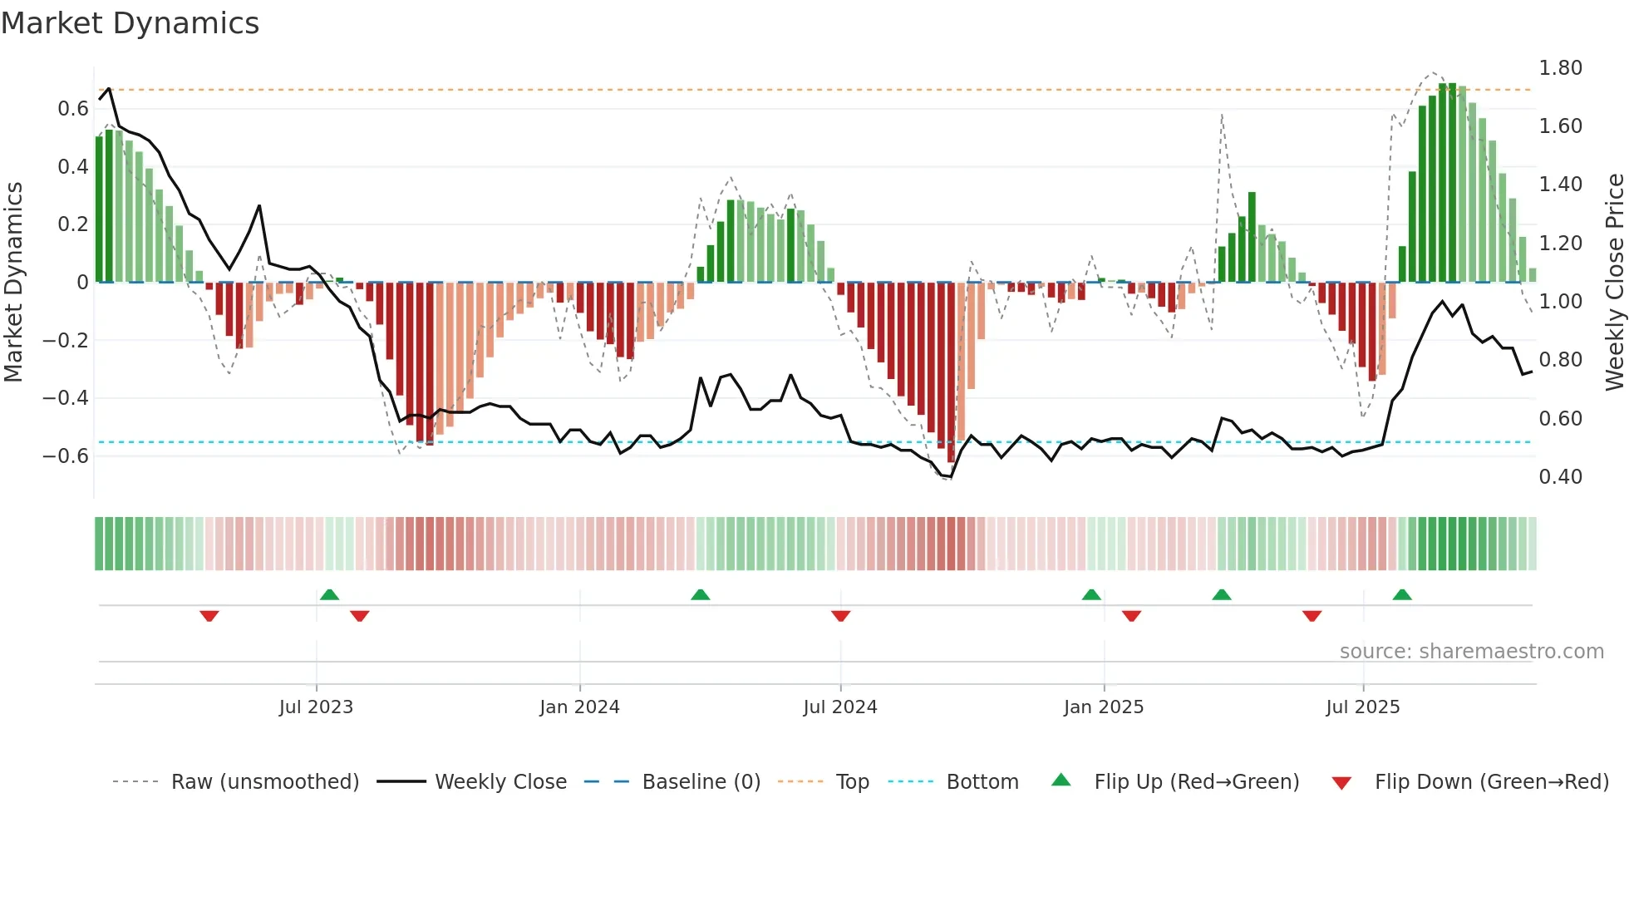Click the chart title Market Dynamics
(130, 23)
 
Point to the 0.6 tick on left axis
(72, 109)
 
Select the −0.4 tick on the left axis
(66, 398)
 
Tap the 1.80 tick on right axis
(1560, 68)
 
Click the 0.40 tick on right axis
(1560, 477)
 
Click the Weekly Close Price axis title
(1614, 282)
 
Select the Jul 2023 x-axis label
(316, 707)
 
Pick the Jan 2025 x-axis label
(1103, 707)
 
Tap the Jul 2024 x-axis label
(839, 707)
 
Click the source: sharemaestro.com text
(1471, 652)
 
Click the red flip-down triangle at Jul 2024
(840, 616)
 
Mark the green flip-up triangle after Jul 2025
(1402, 594)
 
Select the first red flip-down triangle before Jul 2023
(209, 616)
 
